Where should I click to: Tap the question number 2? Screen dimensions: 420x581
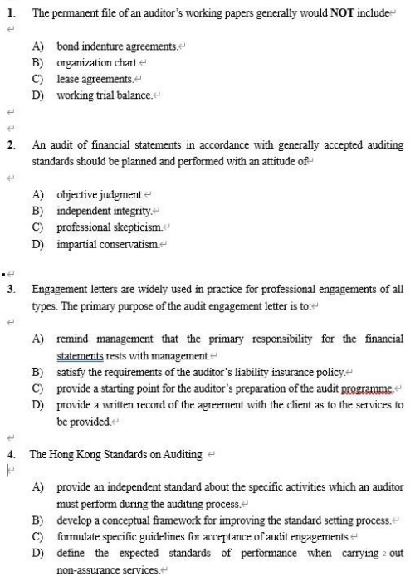tap(11, 144)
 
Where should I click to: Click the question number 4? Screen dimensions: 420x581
tap(11, 454)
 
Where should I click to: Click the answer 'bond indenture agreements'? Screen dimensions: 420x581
tap(116, 46)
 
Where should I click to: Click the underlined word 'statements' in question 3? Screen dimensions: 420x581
tap(80, 355)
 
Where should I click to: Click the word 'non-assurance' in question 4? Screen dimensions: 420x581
tap(90, 569)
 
